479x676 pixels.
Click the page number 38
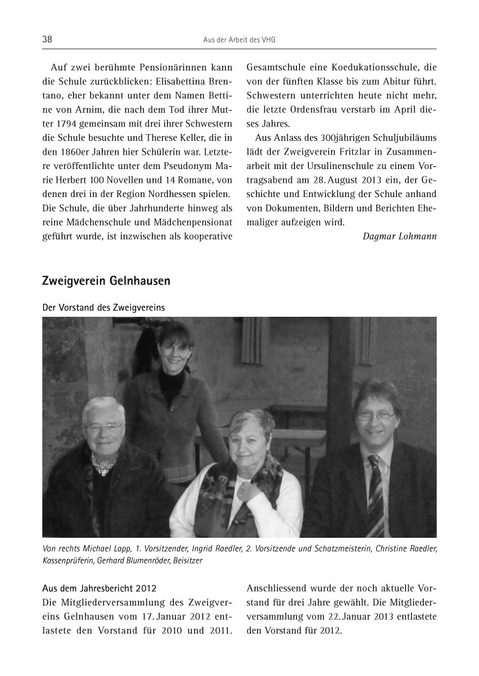click(47, 40)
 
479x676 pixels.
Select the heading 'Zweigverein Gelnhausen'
click(106, 281)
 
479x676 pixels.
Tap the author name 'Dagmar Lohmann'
click(400, 236)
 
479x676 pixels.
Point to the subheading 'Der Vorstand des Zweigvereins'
click(103, 307)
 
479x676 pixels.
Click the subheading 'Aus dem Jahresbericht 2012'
click(95, 588)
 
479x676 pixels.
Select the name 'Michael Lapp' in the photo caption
click(96, 549)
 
